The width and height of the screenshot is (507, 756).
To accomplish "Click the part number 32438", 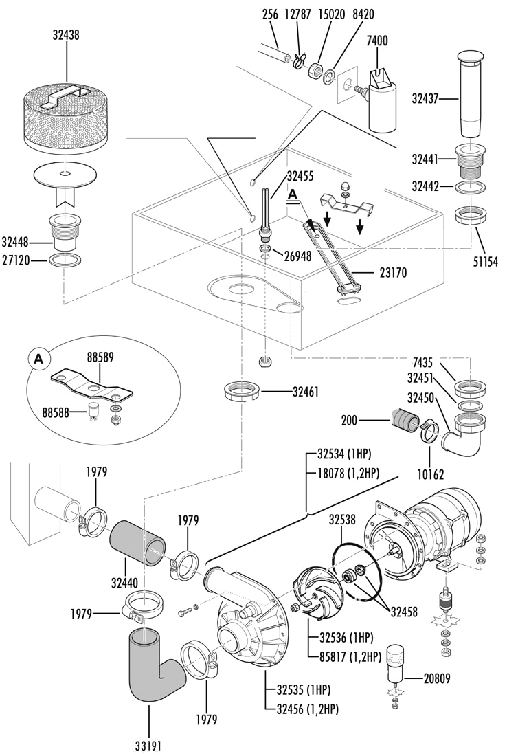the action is [x=66, y=35].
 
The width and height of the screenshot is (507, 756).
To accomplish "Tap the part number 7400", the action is [x=377, y=41].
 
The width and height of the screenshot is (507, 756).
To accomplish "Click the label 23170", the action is [x=393, y=273].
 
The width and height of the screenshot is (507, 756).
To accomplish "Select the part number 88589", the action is [x=100, y=358].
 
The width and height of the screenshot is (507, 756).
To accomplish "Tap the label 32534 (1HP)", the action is [x=345, y=454].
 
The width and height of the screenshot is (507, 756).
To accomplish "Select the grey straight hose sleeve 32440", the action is [x=138, y=542].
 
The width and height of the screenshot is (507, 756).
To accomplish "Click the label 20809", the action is [x=437, y=678].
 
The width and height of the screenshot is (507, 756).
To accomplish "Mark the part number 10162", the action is [x=430, y=474].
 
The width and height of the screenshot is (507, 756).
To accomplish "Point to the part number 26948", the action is [x=297, y=256].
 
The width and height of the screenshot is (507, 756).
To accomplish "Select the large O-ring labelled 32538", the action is [x=357, y=571].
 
